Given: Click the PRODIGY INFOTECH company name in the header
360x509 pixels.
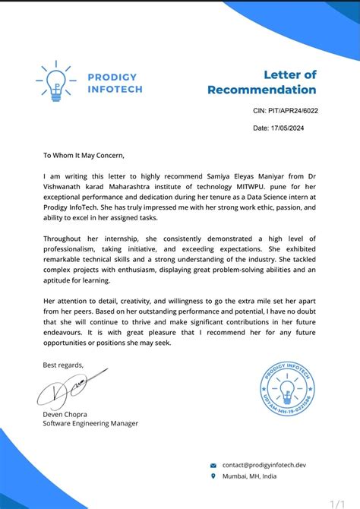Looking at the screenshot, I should click(112, 84).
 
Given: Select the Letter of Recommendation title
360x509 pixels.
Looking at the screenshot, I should click(262, 82).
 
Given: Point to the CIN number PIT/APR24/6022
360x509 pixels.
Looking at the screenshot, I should click(285, 111).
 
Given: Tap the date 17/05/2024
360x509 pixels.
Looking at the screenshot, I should click(280, 128).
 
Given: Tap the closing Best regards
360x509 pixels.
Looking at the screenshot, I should click(64, 365).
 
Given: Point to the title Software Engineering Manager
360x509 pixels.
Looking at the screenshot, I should click(90, 423).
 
